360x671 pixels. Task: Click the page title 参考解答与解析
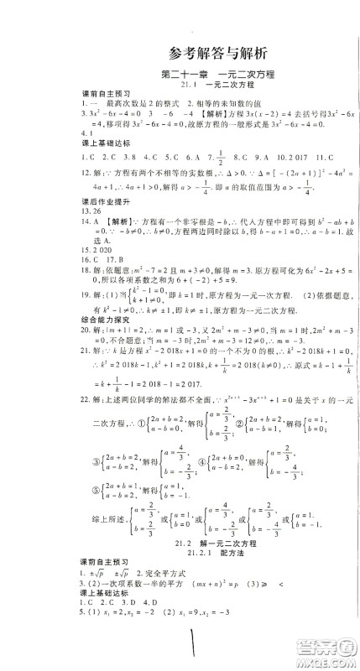pos(180,51)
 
